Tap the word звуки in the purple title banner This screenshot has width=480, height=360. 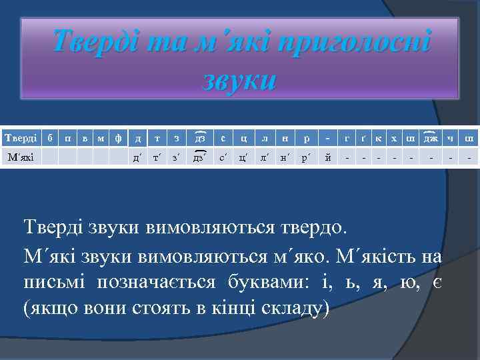239,80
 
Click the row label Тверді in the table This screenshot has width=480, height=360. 21,138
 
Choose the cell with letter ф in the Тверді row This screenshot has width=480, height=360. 118,138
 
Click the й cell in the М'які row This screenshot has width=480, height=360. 327,157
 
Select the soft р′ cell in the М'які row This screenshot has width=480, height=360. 306,157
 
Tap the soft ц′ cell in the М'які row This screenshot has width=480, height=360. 244,157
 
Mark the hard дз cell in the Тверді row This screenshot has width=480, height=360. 199,138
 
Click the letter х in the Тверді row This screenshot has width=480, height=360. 394,138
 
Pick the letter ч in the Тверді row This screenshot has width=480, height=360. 452,138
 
